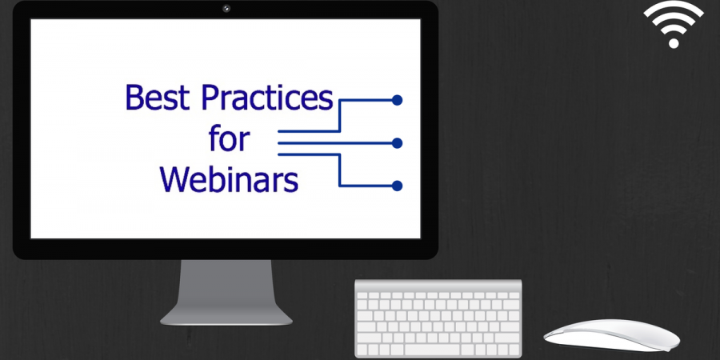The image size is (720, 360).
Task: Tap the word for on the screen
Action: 229,139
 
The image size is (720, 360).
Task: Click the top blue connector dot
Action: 397,100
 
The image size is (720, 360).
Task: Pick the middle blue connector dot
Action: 397,143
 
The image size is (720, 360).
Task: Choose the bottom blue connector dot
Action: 397,186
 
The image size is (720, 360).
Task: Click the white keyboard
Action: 438,318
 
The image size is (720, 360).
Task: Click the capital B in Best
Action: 134,98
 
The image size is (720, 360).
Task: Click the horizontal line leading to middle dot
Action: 336,143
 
